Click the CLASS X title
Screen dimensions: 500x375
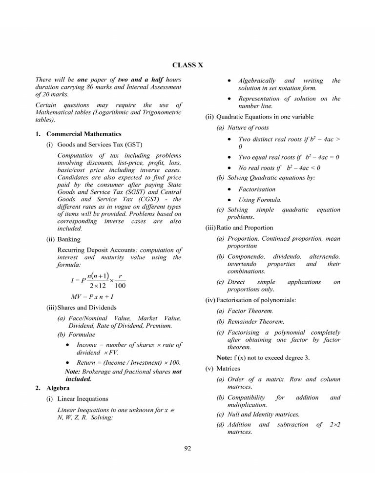click(187, 64)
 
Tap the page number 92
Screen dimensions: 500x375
click(187, 449)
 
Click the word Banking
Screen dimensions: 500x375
click(69, 239)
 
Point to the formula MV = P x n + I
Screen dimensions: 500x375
click(92, 296)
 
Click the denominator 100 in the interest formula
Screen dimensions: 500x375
click(120, 286)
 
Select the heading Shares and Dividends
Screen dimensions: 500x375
click(86, 308)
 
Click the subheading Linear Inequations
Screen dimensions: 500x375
click(83, 399)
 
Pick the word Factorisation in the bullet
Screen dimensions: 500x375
click(257, 189)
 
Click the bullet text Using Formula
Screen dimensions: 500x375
click(260, 200)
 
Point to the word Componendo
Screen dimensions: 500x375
click(246, 256)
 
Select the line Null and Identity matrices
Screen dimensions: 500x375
click(263, 414)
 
